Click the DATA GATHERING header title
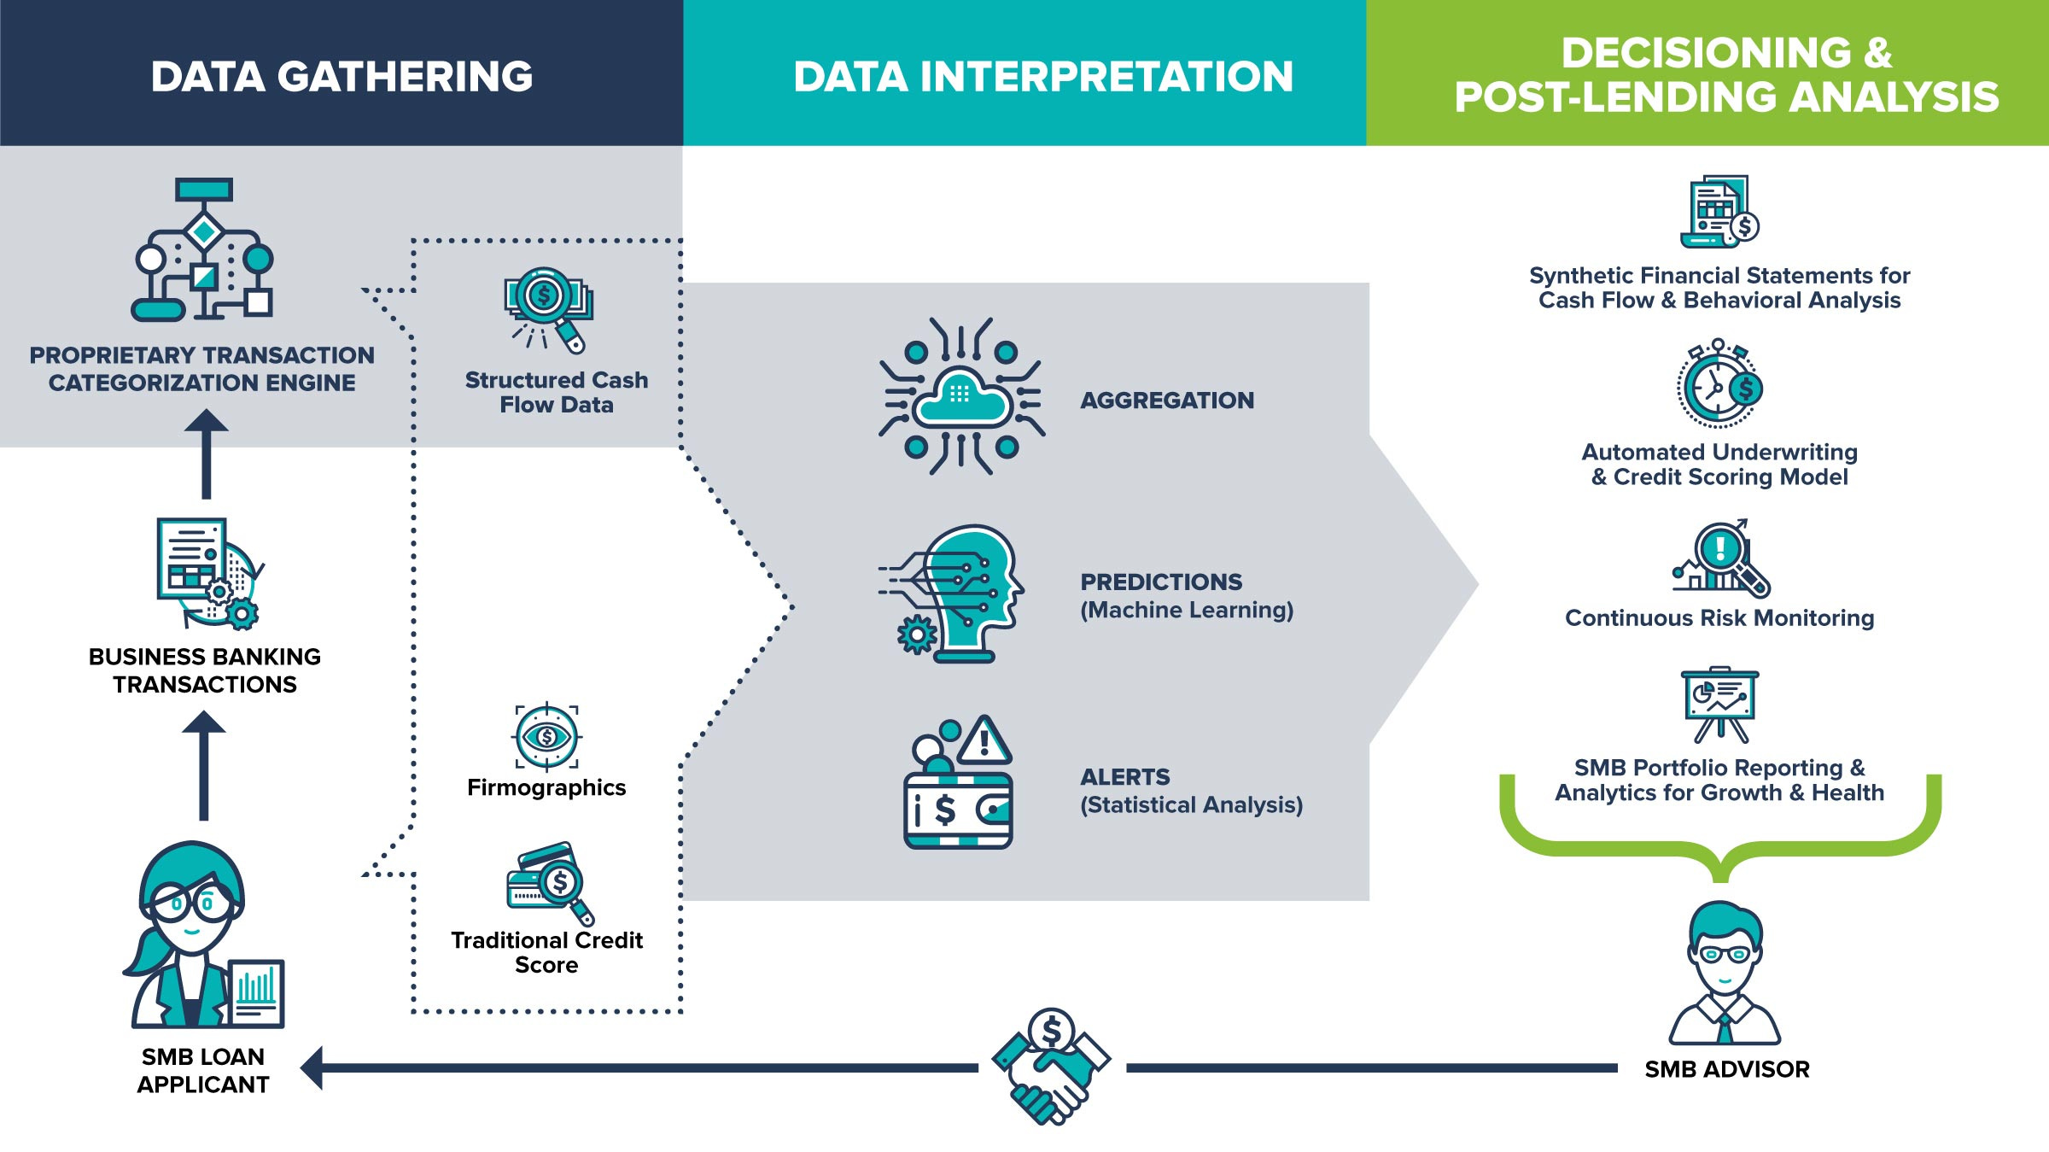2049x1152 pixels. (x=341, y=76)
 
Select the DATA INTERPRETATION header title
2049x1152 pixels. (x=1042, y=76)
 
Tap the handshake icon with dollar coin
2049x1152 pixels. (x=1051, y=1066)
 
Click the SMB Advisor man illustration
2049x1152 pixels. (x=1725, y=974)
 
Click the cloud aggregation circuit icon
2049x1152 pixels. (x=961, y=396)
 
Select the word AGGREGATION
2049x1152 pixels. (x=1166, y=400)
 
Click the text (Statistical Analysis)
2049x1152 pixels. (x=1191, y=804)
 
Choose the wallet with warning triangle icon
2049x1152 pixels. (x=958, y=784)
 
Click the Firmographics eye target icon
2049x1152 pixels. (x=546, y=736)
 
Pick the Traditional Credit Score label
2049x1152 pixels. (x=546, y=952)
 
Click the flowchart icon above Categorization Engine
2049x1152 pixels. (x=203, y=249)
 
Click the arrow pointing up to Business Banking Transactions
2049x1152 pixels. (x=204, y=764)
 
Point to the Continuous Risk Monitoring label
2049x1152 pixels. (x=1719, y=617)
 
